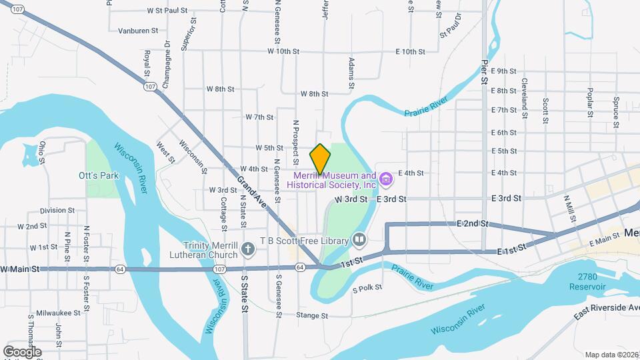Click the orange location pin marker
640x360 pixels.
coord(320,159)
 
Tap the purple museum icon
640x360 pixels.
coord(385,179)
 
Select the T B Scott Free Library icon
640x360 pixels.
coord(359,239)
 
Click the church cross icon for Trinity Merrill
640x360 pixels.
coord(248,250)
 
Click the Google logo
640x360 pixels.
coord(22,351)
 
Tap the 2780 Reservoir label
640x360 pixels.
coord(587,281)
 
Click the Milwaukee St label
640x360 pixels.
coord(58,312)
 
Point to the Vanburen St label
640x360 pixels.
coord(138,31)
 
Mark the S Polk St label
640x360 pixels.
coord(367,288)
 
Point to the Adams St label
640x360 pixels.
coord(351,73)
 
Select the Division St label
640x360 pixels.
coord(57,210)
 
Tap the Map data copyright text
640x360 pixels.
coord(611,355)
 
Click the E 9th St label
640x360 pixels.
coord(503,71)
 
